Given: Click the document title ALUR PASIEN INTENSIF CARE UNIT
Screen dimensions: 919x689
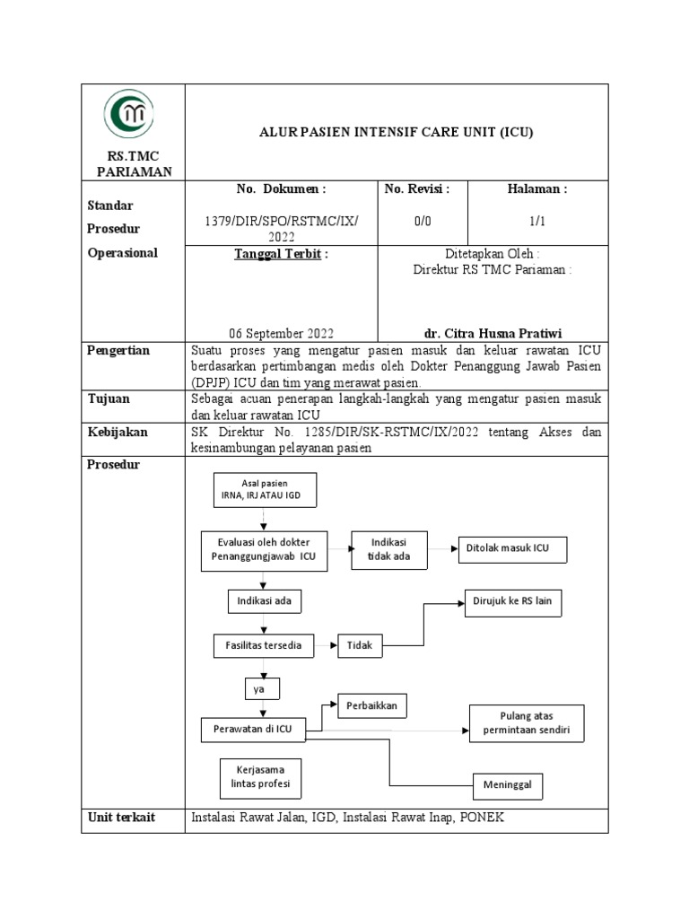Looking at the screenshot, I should coord(396,132).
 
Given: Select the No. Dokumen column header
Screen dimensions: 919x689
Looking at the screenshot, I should coord(281,189).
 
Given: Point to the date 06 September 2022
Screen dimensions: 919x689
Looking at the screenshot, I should coord(281,330).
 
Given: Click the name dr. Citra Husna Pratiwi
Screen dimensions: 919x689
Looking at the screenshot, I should coord(493,330).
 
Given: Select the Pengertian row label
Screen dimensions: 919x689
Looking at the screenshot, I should coord(118,350).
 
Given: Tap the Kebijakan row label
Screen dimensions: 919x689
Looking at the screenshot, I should coord(118,432).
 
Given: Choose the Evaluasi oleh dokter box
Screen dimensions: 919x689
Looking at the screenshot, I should coord(264,550).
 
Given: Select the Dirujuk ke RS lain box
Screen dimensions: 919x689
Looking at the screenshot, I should coord(513,605).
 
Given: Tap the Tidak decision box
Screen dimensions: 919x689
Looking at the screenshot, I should coord(359,645).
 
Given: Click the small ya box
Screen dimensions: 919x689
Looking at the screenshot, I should coord(261,688).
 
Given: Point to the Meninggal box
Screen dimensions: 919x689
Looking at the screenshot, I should coord(508,785).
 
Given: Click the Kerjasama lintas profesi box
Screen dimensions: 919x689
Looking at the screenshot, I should coord(260,779).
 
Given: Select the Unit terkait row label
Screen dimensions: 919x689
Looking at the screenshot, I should coord(121,818).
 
